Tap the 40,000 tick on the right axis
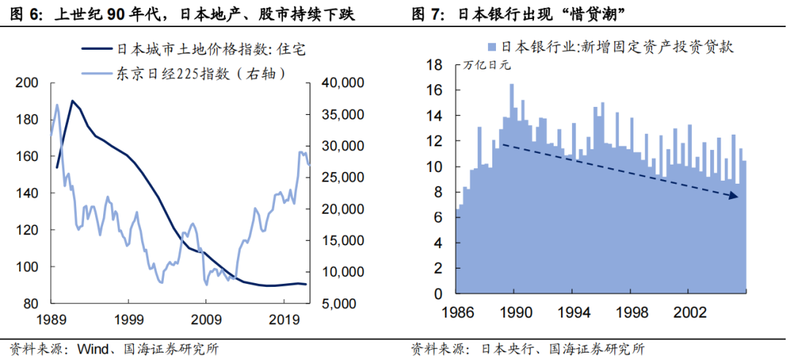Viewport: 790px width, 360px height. [x=338, y=83]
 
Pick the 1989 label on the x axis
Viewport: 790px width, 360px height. [x=52, y=320]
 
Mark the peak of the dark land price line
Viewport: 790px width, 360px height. [x=72, y=101]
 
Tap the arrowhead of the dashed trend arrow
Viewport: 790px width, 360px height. [x=734, y=195]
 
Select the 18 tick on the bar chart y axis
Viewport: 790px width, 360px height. [x=434, y=65]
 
